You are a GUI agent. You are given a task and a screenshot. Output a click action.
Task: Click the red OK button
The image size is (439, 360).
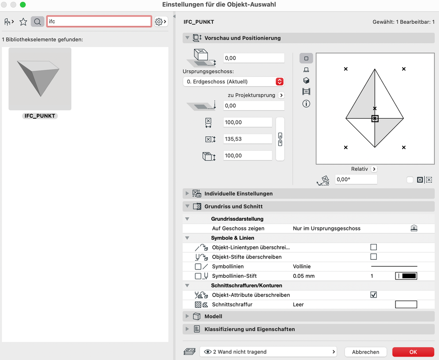tap(413, 352)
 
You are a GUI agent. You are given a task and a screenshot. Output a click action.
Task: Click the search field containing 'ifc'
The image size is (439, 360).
tap(99, 21)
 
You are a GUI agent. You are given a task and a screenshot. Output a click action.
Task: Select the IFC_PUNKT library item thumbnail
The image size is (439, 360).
tap(40, 79)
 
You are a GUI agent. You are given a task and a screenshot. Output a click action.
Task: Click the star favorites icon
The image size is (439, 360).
tap(23, 22)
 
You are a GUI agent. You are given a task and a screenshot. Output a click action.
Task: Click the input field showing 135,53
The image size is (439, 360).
tap(247, 139)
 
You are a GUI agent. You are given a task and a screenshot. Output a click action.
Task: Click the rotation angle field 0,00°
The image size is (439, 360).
tap(356, 179)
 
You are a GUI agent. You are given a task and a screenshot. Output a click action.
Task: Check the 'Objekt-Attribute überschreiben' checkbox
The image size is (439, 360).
tap(374, 295)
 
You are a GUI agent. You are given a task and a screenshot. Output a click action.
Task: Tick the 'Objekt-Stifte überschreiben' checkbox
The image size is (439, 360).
tap(374, 257)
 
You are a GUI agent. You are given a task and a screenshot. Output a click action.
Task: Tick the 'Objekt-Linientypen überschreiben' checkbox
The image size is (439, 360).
tap(374, 247)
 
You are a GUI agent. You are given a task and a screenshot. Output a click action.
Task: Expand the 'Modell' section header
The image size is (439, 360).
tap(213, 316)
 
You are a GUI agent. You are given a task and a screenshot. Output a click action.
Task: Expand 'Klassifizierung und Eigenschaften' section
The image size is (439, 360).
tap(249, 329)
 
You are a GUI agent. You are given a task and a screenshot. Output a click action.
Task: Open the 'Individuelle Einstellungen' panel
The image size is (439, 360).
tap(238, 193)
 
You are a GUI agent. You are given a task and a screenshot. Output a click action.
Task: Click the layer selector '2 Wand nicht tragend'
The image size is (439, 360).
tap(268, 352)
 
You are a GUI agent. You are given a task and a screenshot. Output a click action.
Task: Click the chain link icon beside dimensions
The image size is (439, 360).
tap(280, 139)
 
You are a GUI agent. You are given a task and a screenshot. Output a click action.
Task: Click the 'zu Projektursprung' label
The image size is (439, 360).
tap(251, 95)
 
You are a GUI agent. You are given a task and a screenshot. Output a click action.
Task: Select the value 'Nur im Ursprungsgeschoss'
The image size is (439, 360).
tap(327, 229)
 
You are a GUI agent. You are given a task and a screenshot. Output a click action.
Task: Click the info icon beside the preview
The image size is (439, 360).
tap(306, 104)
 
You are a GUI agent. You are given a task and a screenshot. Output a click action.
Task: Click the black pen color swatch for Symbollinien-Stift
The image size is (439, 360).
tap(406, 276)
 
